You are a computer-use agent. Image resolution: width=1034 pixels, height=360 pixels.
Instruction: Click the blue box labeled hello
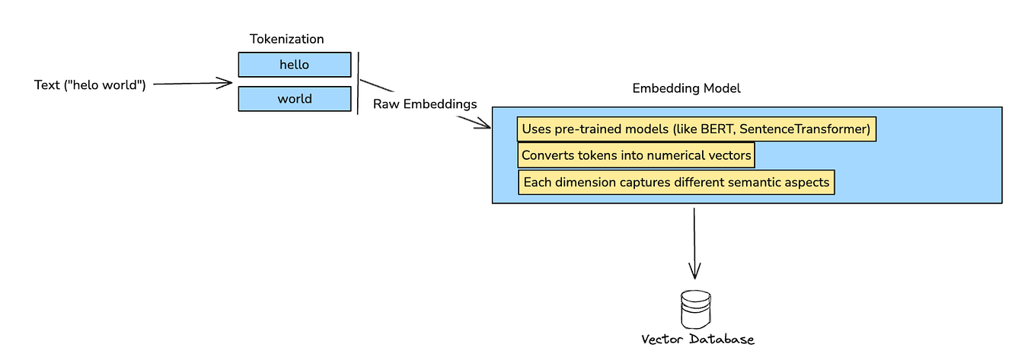click(x=295, y=65)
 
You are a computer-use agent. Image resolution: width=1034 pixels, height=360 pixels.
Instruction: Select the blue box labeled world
click(x=295, y=99)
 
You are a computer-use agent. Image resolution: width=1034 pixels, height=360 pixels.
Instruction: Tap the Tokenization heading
click(x=286, y=39)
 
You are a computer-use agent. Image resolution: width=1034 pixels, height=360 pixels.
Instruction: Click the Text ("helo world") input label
click(x=90, y=84)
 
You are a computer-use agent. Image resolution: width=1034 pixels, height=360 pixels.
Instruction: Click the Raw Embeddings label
click(x=424, y=104)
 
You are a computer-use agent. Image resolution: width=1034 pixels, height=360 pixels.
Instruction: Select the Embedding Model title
click(x=686, y=88)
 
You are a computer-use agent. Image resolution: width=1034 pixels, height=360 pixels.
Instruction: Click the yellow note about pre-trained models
click(x=696, y=129)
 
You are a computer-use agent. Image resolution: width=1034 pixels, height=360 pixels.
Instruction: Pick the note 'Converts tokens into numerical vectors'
click(x=637, y=156)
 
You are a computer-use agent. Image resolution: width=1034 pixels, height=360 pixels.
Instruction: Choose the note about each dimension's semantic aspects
click(x=676, y=183)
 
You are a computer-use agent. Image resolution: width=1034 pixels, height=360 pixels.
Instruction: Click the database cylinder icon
click(x=694, y=308)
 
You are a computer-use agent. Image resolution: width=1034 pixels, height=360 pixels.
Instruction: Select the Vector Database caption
click(x=697, y=339)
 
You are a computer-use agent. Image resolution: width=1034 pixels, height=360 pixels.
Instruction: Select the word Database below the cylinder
click(x=721, y=339)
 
